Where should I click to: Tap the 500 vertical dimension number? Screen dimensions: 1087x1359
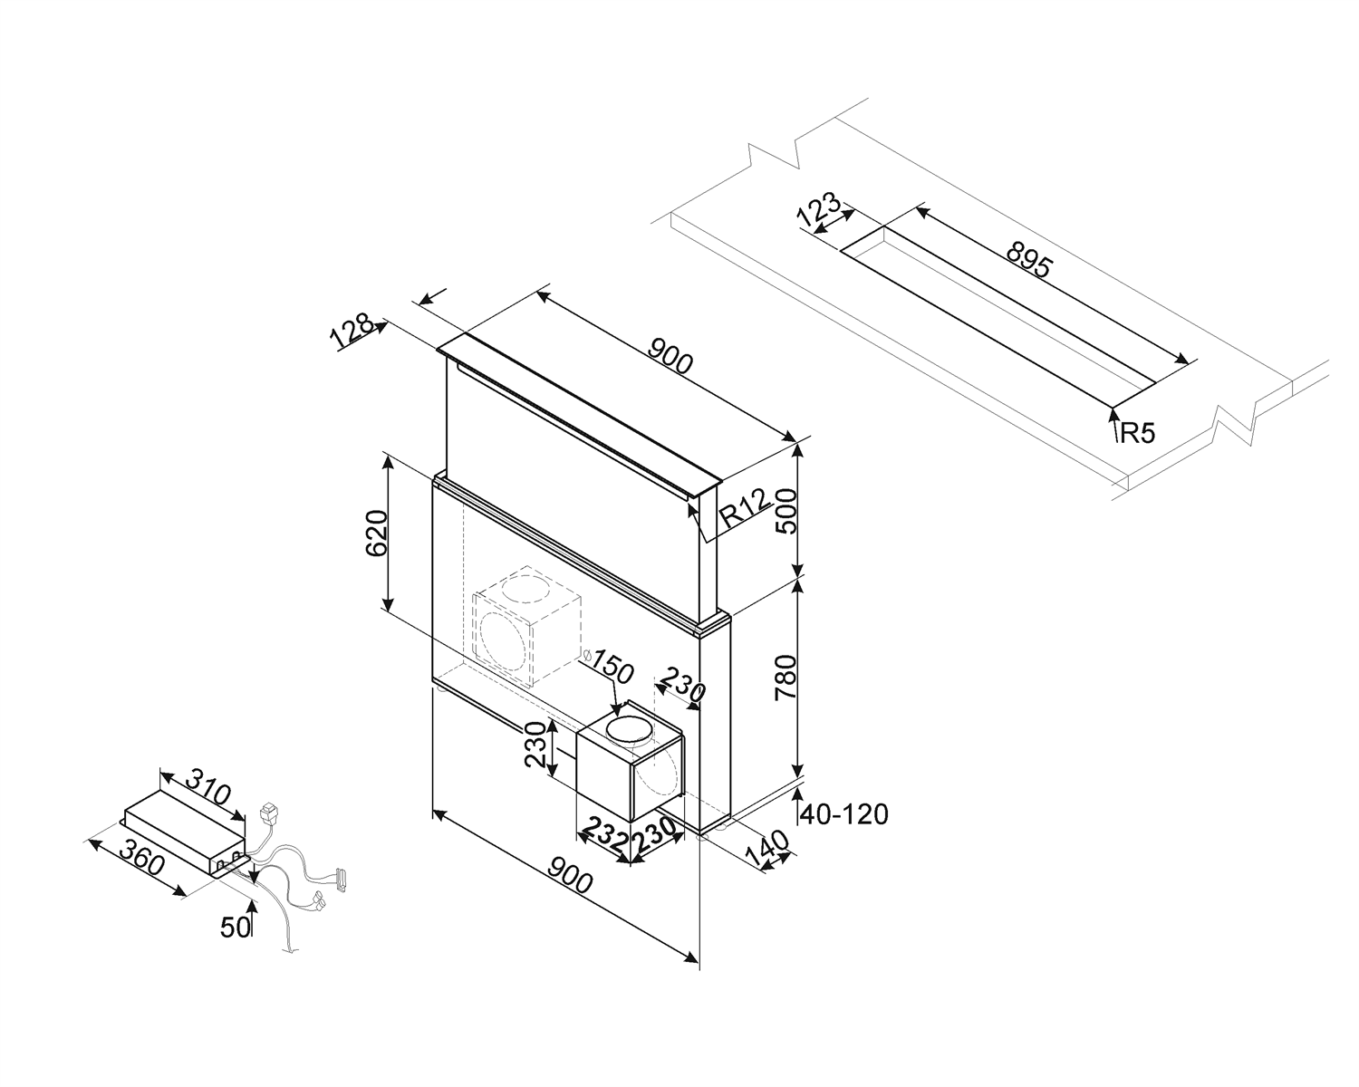(785, 511)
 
